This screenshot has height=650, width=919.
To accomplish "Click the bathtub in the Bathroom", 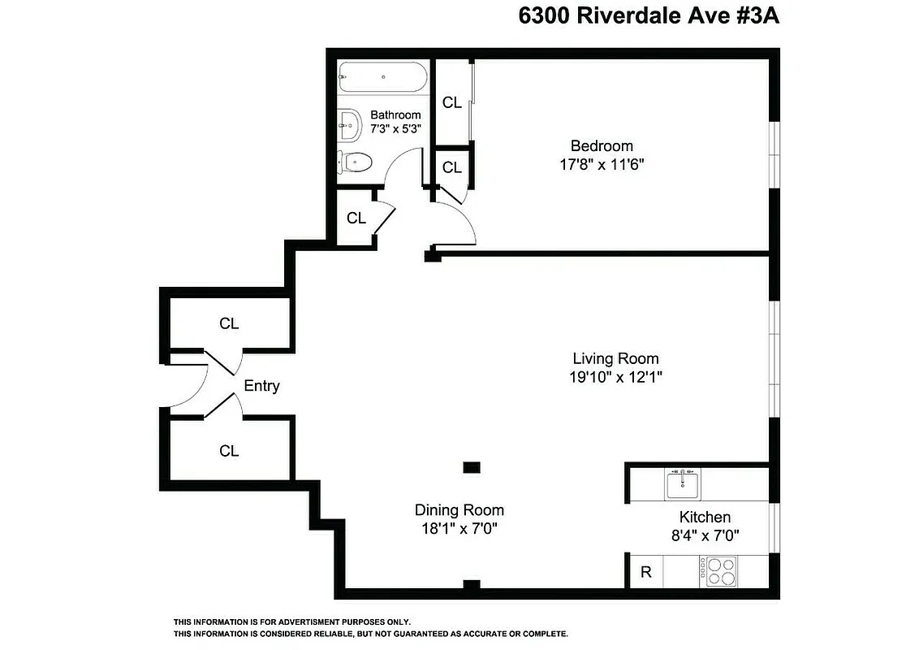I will coord(382,78).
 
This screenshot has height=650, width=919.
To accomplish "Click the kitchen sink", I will coord(682,485).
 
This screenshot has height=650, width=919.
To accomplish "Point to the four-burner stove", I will coord(717,570).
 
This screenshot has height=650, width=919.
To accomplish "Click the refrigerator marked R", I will coord(646,571).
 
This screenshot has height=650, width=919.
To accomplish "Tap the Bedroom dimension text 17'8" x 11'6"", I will coord(602,164).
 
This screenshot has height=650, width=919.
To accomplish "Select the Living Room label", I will coord(615,358).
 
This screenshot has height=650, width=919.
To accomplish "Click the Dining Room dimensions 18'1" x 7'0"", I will coord(459,528).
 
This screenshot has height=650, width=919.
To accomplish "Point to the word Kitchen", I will coord(704,517).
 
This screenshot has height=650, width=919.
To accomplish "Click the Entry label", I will coord(261,386).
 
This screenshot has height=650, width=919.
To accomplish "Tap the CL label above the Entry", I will coord(229,323).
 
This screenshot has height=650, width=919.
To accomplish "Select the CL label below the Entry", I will coord(229,451).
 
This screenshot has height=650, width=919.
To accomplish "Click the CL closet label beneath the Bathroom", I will coord(356,219).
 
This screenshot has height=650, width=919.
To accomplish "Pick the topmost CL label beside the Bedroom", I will coord(451,102).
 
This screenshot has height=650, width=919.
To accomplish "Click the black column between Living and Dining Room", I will coord(471,466).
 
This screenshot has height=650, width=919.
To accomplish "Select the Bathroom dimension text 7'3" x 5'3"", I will coord(395,128).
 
